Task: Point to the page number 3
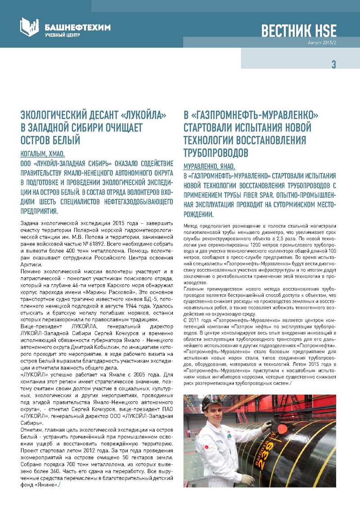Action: click(x=333, y=64)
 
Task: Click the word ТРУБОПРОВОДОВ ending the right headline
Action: click(x=216, y=152)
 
